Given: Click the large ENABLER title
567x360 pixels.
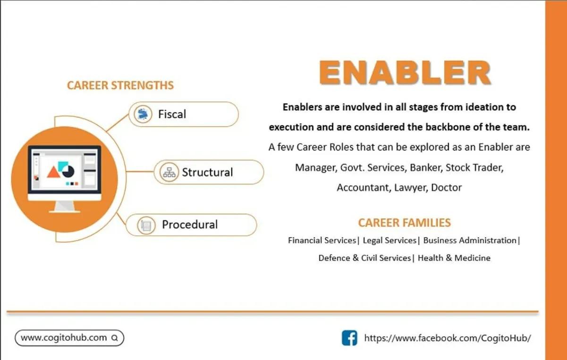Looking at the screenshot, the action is [405, 73].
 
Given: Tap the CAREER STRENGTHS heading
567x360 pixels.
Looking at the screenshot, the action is [120, 85].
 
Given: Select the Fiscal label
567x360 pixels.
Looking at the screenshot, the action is [172, 114].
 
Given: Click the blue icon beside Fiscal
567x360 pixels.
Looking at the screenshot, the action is [143, 114].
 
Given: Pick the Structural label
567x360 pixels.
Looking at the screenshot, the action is [207, 172].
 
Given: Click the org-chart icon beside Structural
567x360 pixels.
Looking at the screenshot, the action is [169, 172].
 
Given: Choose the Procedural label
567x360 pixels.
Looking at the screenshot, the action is [190, 225].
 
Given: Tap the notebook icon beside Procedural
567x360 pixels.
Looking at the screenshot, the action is [146, 225].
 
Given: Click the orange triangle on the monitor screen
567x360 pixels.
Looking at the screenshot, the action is [53, 173].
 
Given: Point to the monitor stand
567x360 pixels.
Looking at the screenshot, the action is [65, 207].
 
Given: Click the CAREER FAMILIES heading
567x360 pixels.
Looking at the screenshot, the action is [405, 223].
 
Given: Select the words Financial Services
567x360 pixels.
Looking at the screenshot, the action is [322, 240].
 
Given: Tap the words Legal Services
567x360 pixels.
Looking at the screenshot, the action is [389, 240].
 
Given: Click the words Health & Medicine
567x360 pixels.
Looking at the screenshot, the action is [454, 258].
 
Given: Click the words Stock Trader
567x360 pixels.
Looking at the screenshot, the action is [474, 167].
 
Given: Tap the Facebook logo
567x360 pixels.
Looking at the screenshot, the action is [349, 338].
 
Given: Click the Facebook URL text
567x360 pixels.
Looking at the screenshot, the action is [448, 338].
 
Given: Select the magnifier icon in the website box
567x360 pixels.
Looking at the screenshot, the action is [115, 338].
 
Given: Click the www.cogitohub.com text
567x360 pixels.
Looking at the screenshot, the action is [64, 338].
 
